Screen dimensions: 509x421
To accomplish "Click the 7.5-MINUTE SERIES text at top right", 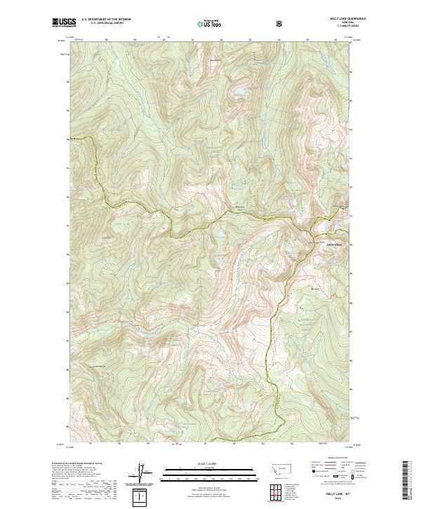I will (340, 28).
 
